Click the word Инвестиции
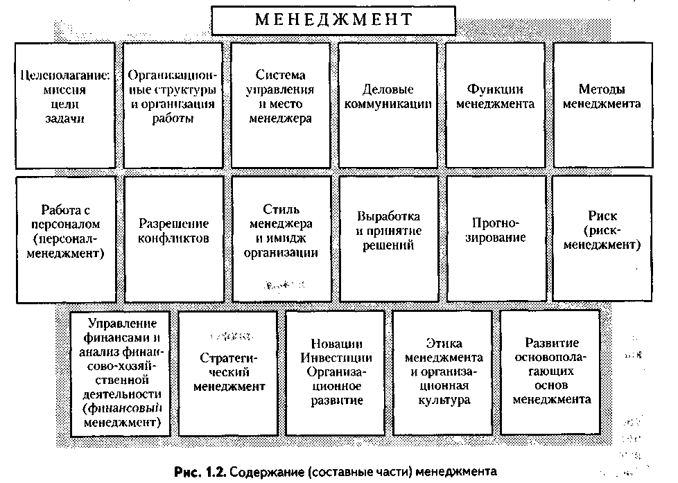[x=336, y=358]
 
